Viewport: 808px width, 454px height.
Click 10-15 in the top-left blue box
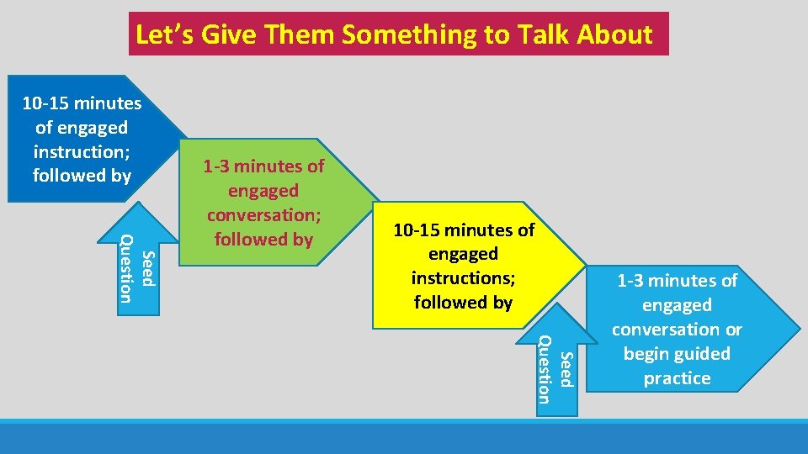[46, 103]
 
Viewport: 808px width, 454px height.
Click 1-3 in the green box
[221, 166]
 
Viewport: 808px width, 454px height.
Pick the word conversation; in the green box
[263, 215]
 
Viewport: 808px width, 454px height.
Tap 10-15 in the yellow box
[419, 230]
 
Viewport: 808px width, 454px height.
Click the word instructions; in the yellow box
[463, 277]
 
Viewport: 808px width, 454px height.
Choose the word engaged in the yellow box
[463, 253]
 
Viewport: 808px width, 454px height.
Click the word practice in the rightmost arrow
[677, 378]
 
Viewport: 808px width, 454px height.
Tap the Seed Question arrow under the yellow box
[556, 368]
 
